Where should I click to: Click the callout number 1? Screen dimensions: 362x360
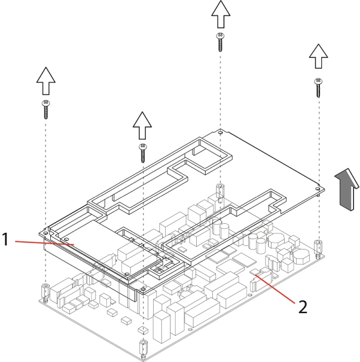pos(5,240)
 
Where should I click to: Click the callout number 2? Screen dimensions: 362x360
pos(303,308)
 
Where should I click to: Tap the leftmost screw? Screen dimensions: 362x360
pos(45,110)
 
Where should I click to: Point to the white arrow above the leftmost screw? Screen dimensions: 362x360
pos(45,81)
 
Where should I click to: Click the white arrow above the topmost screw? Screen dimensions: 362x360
pos(221,13)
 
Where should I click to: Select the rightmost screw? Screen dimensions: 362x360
pos(319,87)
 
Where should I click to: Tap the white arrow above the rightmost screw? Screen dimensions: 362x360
pos(319,59)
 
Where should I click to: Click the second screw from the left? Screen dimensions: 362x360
pos(142,153)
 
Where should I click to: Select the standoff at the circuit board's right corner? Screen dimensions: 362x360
pos(318,245)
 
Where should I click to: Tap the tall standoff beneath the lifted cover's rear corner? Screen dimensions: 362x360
pos(220,193)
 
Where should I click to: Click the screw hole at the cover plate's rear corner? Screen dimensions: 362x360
pos(221,132)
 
